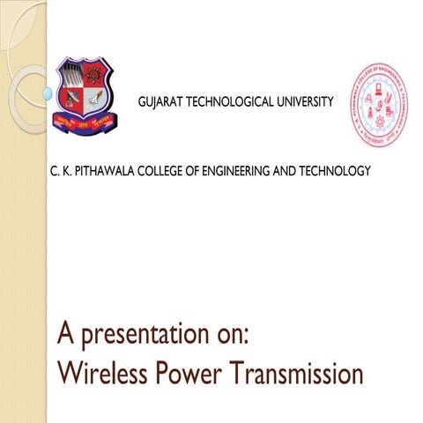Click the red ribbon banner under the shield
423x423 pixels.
coord(85,124)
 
